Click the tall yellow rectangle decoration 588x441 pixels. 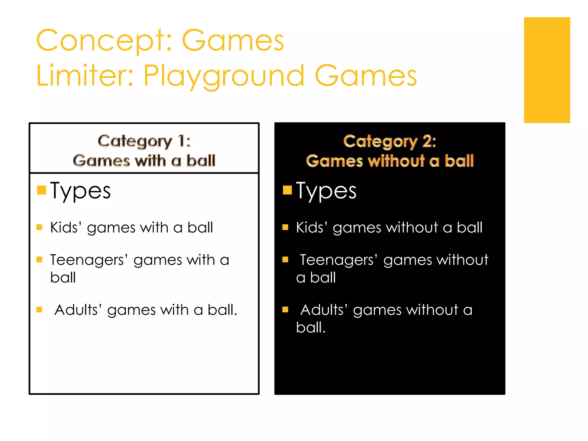547,70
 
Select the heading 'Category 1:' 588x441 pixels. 144,141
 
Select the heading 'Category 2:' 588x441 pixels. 390,141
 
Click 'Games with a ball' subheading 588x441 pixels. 144,160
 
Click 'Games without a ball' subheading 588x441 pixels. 390,160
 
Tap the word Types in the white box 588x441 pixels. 80,191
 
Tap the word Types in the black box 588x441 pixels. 326,191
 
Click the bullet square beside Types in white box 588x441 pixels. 42,190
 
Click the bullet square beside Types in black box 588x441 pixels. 287,190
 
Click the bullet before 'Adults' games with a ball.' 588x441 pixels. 39,310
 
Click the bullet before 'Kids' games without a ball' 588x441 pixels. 285,227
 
